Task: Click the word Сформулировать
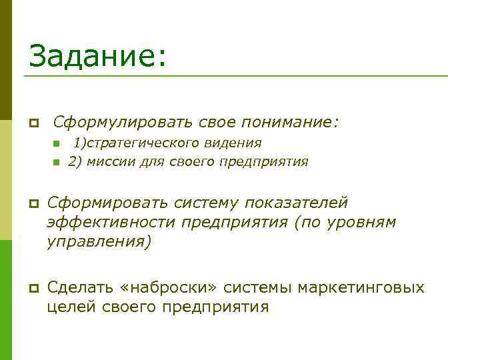[x=123, y=123]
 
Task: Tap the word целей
[x=70, y=307]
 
